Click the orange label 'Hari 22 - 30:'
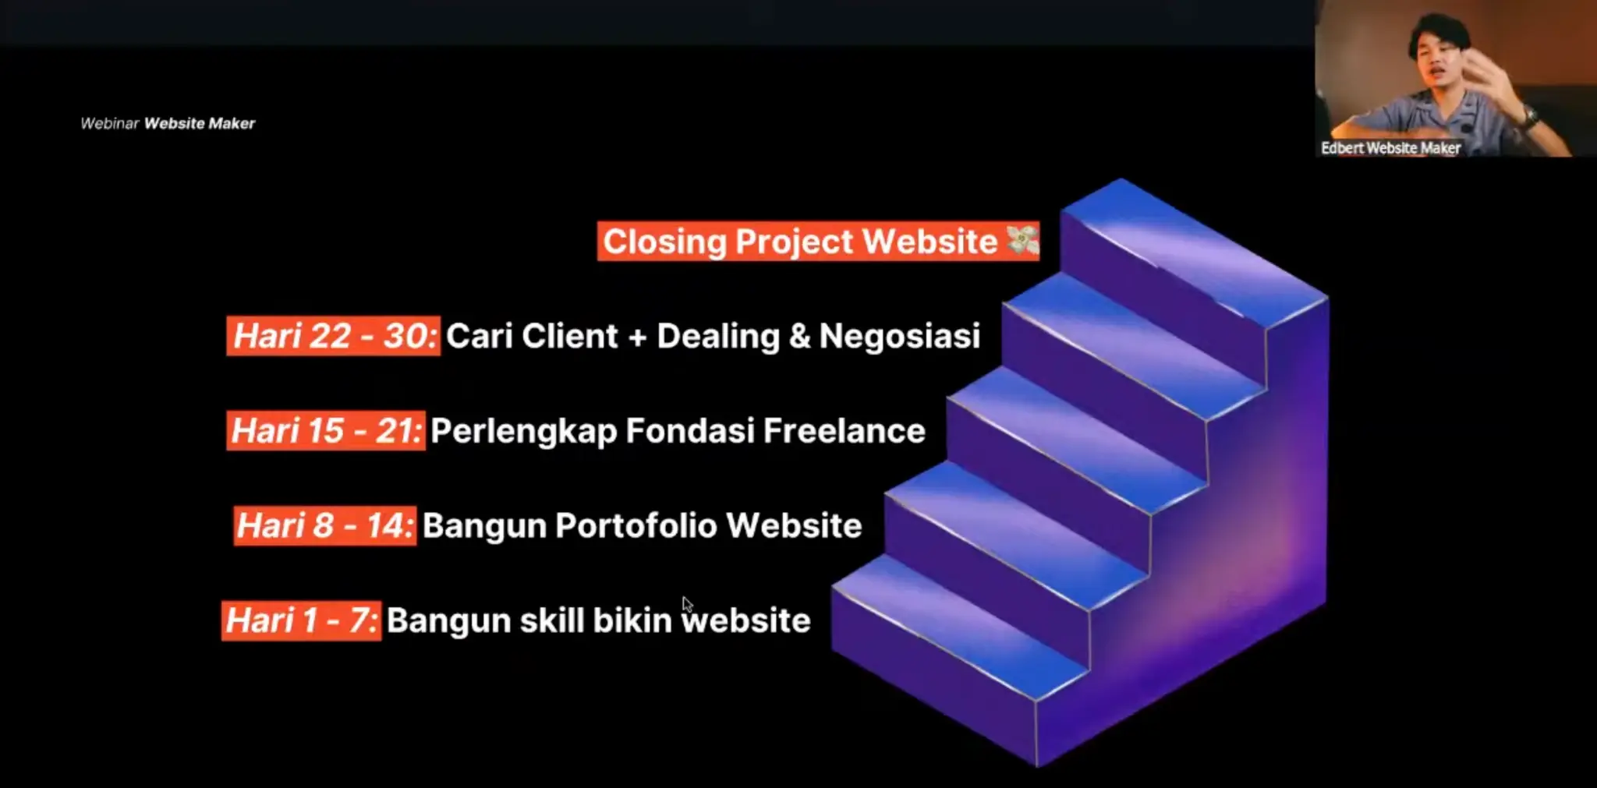334,336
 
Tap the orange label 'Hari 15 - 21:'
326,431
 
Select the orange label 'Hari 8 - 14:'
325,525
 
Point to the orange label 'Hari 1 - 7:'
302,620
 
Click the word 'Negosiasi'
900,337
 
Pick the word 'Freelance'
845,431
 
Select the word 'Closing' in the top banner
665,242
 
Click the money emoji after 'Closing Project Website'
1022,240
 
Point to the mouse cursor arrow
687,605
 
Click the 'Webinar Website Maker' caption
168,123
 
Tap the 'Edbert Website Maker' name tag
1390,148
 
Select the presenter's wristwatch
1530,119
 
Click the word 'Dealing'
718,337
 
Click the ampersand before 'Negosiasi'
799,337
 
